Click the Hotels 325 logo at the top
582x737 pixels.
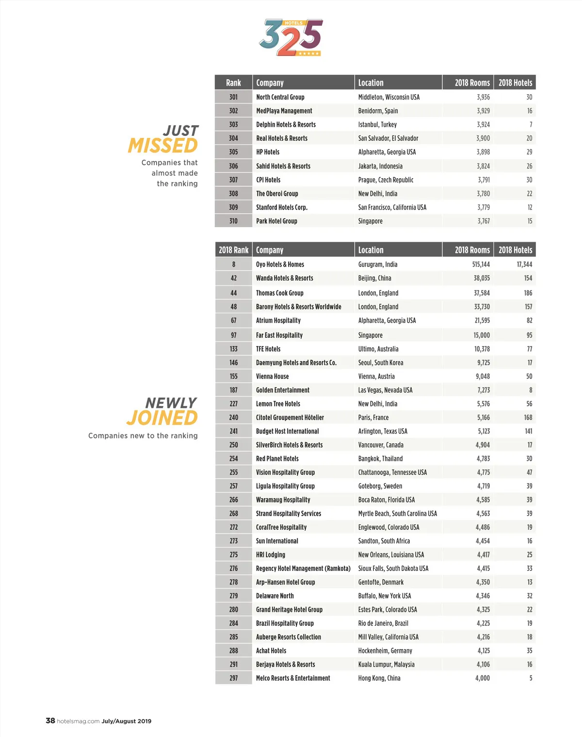point(291,38)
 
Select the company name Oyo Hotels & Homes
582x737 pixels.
point(280,265)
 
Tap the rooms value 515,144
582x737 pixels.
point(481,265)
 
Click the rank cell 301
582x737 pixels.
point(233,97)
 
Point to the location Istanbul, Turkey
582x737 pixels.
point(377,125)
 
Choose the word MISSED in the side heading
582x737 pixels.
point(163,146)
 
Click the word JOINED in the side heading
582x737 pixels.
point(162,418)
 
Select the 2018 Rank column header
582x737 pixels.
point(233,250)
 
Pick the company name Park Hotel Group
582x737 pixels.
point(276,221)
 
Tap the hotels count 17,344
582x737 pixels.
point(524,265)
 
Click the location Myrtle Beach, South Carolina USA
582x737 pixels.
point(397,514)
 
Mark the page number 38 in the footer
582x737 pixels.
point(50,720)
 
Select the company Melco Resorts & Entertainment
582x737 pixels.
point(293,678)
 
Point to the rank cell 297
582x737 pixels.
point(233,678)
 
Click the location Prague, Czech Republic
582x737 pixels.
point(386,180)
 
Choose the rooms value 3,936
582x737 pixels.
point(483,97)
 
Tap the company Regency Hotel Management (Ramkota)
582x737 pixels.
point(303,569)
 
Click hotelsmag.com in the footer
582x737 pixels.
point(78,721)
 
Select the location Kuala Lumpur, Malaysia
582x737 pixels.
point(386,665)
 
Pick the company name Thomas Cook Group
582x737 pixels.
point(279,293)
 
